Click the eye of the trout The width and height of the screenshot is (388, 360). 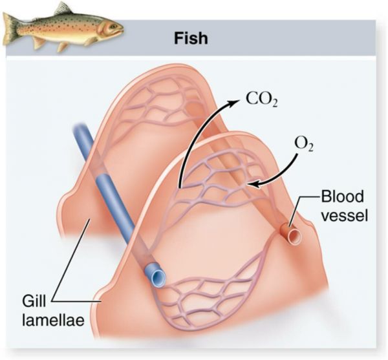pos(113,25)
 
